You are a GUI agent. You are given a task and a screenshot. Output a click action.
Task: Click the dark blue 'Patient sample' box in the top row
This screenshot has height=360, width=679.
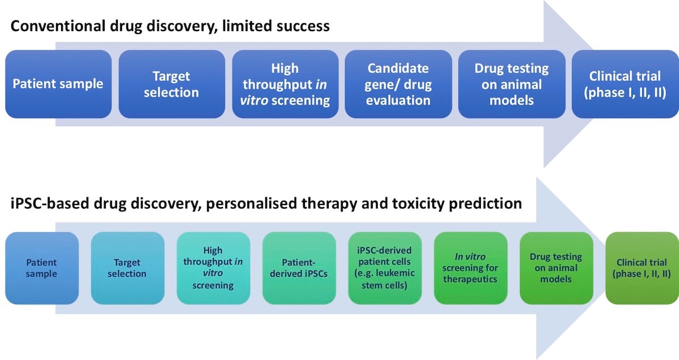[x=58, y=84]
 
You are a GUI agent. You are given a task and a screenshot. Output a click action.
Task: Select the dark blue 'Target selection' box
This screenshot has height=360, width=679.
[x=171, y=84]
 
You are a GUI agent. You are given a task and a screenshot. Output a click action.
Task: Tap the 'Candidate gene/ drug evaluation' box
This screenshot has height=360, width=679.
[x=398, y=84]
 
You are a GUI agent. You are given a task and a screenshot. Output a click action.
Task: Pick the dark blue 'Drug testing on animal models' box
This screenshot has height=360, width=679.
[x=512, y=84]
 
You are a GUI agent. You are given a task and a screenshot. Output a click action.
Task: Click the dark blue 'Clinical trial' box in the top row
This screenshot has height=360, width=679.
[x=625, y=84]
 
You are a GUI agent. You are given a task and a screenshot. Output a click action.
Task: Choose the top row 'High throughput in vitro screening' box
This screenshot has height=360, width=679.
[x=285, y=84]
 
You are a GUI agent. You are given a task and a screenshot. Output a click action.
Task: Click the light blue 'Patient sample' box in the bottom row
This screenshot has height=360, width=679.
[x=42, y=268]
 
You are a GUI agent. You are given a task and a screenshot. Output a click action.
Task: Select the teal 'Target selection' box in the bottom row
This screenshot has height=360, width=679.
[x=127, y=268]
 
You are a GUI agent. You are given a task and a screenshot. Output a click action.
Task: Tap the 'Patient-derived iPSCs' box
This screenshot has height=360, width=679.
[x=299, y=268]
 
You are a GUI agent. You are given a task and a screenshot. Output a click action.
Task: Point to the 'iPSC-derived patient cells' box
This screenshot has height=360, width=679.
[x=385, y=268]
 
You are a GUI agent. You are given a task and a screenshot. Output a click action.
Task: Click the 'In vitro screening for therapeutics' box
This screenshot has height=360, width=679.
[x=470, y=268]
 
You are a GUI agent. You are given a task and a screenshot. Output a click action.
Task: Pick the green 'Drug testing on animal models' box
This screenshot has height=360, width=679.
[x=556, y=268]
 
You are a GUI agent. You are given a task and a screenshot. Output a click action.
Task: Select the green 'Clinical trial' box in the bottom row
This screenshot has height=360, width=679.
[x=642, y=268]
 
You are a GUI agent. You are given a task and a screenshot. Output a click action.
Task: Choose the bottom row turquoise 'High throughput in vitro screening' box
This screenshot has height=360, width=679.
[x=213, y=268]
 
